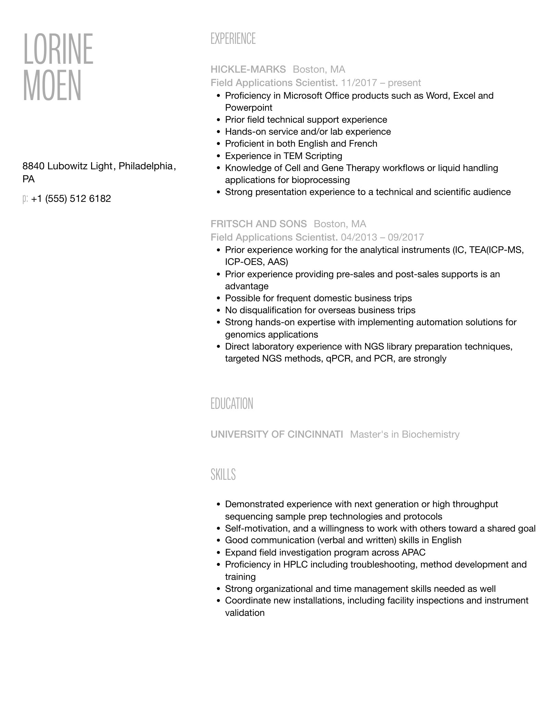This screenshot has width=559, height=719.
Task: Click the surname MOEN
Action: tap(52, 86)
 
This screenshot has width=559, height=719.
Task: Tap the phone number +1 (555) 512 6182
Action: tap(71, 199)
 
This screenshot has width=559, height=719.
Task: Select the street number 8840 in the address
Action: tap(33, 166)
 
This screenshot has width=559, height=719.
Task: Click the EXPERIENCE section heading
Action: tap(233, 39)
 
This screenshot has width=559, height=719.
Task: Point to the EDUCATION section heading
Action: tap(232, 404)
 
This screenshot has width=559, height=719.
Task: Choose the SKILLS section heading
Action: tap(223, 475)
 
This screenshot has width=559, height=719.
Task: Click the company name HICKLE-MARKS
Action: tap(248, 70)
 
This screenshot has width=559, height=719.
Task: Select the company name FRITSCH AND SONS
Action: tap(259, 224)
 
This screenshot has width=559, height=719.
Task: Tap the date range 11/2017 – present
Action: tap(381, 83)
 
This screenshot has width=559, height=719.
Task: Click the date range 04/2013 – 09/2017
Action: tap(382, 237)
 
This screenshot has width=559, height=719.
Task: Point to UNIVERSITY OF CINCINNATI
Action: tap(276, 435)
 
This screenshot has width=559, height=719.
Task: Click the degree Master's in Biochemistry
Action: tap(405, 435)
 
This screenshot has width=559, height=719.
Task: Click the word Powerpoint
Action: tap(248, 108)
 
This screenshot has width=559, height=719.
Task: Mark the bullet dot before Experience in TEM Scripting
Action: tap(219, 156)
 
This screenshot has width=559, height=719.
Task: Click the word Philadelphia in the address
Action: tap(146, 166)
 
